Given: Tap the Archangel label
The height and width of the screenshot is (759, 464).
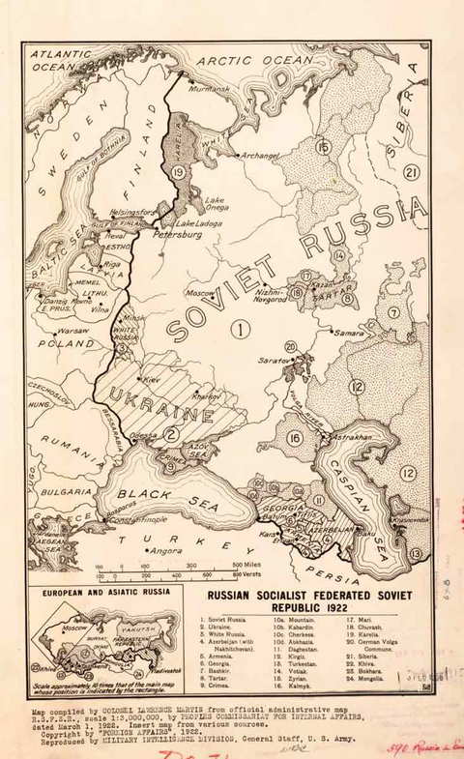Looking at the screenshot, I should tap(261, 155).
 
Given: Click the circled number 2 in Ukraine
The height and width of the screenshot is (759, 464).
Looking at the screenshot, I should tap(169, 434).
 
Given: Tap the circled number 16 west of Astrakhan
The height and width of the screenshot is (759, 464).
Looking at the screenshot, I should tap(295, 438).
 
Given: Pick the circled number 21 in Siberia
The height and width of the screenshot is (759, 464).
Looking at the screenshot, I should tap(412, 172).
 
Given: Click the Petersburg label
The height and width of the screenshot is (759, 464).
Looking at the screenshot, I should tap(176, 234).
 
